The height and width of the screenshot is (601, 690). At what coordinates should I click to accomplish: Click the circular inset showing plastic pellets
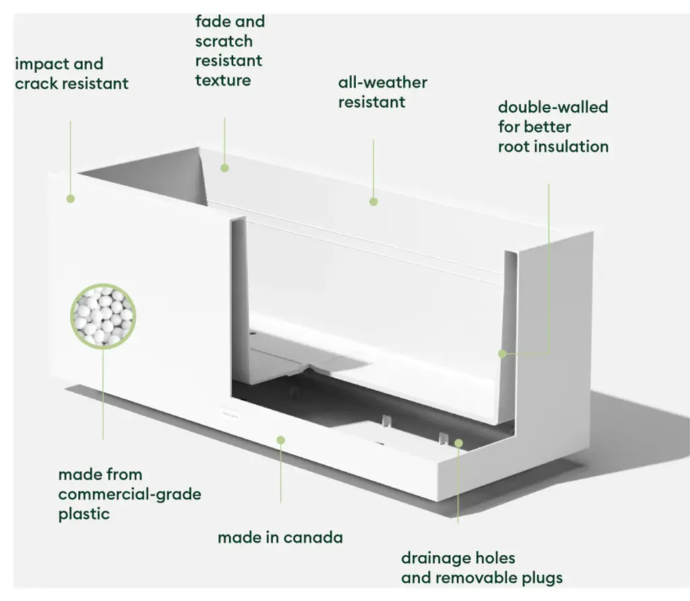click(x=104, y=315)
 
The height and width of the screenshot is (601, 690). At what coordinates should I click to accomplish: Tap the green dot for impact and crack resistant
click(x=70, y=198)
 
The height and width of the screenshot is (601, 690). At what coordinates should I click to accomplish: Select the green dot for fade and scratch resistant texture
click(x=224, y=168)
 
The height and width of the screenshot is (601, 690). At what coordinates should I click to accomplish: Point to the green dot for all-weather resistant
click(x=373, y=201)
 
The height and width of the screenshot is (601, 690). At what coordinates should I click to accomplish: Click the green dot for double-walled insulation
click(x=502, y=353)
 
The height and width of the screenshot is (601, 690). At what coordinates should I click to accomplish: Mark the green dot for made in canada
click(x=281, y=439)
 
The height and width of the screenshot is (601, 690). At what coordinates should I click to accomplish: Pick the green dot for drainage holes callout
click(x=458, y=443)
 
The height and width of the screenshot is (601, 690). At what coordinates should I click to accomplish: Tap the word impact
click(x=40, y=65)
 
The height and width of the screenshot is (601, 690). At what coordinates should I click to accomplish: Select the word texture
click(x=223, y=81)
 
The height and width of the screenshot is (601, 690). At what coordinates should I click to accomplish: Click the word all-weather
click(x=383, y=83)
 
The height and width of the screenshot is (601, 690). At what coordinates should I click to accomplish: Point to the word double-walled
click(x=553, y=107)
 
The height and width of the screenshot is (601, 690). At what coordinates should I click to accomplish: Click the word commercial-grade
click(x=129, y=495)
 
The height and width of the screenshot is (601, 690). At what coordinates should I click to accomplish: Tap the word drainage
click(x=435, y=558)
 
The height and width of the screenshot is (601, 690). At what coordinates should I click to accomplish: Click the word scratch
click(x=224, y=42)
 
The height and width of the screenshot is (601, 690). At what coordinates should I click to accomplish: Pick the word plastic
click(x=84, y=514)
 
